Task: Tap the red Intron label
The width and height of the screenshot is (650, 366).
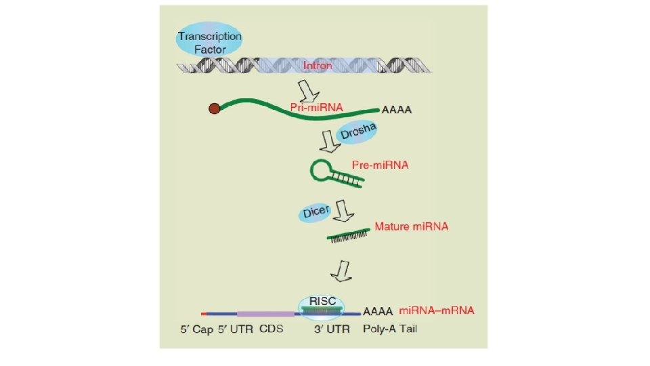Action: tap(318, 66)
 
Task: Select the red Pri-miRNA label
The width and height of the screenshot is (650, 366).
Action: tap(316, 107)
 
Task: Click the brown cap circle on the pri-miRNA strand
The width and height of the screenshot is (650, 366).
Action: tap(214, 108)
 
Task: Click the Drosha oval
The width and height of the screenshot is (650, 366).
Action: tap(358, 131)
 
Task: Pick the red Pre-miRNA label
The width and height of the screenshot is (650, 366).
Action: tap(380, 165)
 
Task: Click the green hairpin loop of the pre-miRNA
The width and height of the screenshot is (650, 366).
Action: tap(321, 170)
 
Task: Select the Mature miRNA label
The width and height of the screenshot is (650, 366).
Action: tap(411, 226)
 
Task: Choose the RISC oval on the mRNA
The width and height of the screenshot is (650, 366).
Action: tap(322, 306)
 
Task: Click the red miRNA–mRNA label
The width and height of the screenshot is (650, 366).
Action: tap(436, 310)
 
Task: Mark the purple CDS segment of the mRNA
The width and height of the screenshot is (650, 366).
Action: tap(266, 314)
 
